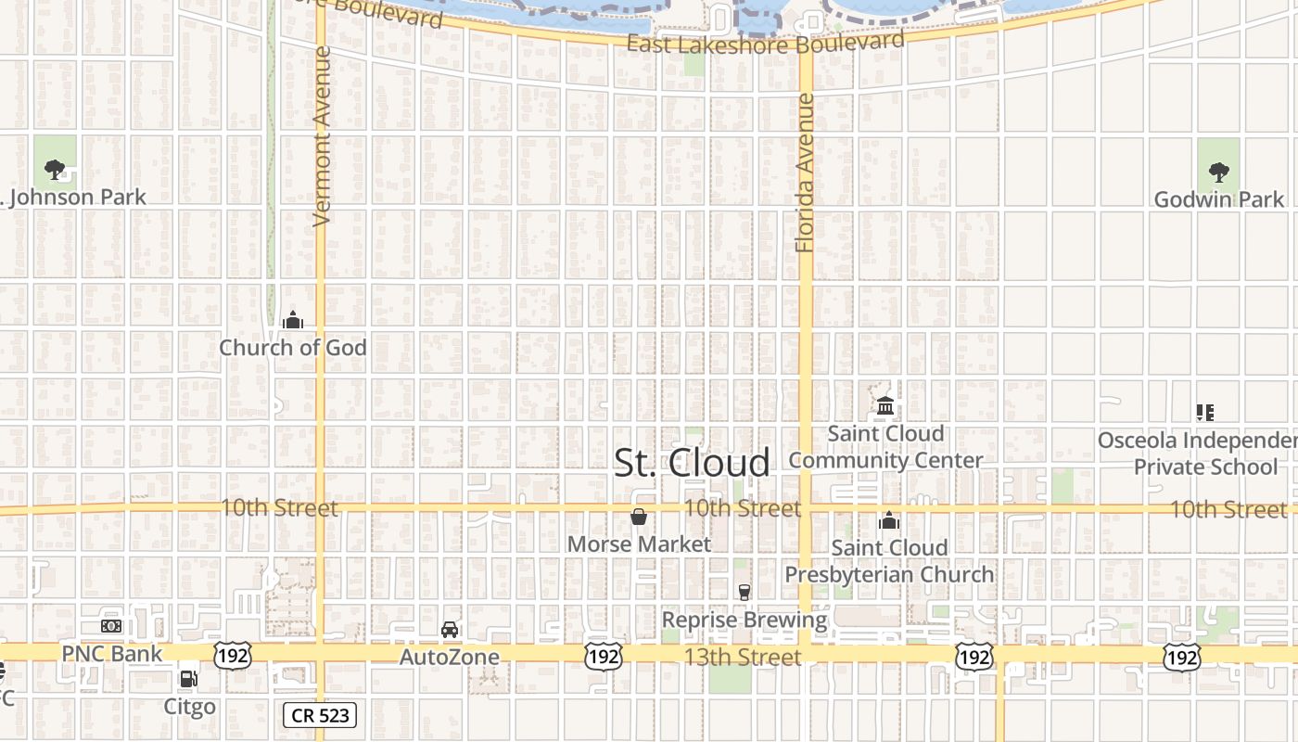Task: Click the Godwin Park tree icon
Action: coord(1218,172)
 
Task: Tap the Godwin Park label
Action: coord(1218,199)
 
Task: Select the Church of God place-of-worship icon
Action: coord(293,321)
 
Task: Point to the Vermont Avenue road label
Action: coord(322,136)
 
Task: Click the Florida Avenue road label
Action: coord(805,173)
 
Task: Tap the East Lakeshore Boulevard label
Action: coord(765,44)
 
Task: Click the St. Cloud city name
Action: coord(692,463)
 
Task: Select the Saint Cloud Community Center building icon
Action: coord(884,406)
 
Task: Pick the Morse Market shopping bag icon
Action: coord(639,517)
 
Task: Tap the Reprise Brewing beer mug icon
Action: coord(744,592)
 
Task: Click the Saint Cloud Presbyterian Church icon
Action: coord(889,520)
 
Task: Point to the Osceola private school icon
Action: coord(1204,412)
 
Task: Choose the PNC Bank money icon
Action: coord(111,626)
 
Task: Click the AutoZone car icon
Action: coord(450,630)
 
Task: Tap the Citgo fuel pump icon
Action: coord(189,679)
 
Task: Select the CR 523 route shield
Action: coord(320,714)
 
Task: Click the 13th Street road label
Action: coord(743,658)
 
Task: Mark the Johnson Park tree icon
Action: coord(55,170)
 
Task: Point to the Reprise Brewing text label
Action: coord(744,620)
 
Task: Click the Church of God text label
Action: coord(293,348)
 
